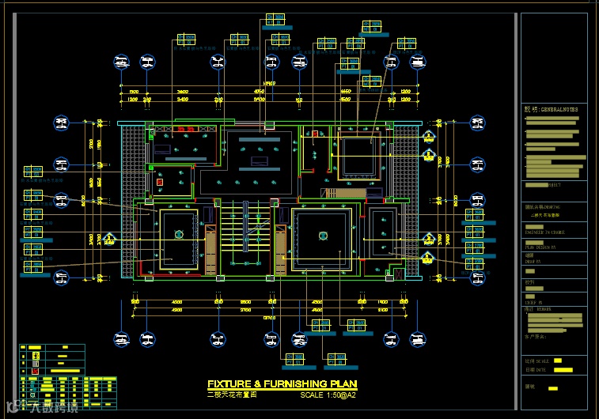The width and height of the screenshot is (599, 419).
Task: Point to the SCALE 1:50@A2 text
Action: click(x=328, y=394)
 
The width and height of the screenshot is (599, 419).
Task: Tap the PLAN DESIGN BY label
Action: click(x=541, y=247)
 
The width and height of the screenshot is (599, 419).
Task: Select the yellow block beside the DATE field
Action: click(x=563, y=369)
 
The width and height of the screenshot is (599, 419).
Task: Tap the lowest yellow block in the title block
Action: click(x=553, y=388)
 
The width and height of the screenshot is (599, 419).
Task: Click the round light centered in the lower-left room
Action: click(x=179, y=233)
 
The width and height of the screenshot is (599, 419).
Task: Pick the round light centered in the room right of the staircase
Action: click(x=321, y=235)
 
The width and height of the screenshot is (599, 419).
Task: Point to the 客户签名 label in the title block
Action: click(x=536, y=337)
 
